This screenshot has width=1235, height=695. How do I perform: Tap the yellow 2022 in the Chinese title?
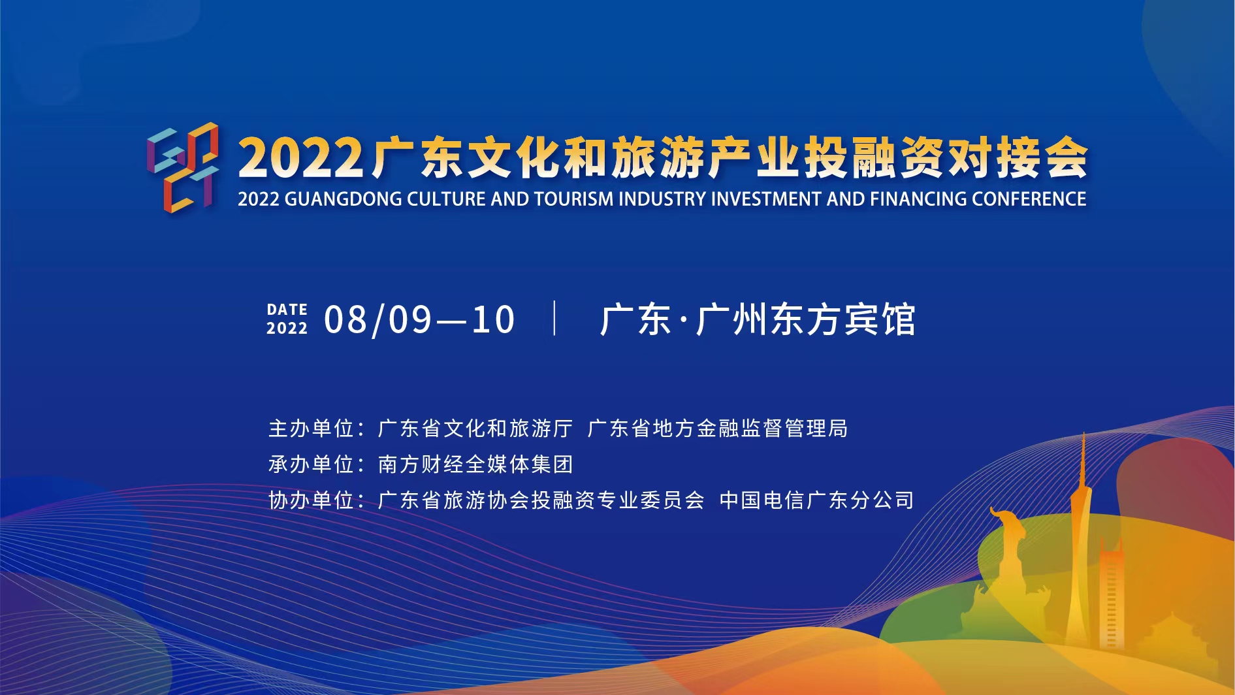300,158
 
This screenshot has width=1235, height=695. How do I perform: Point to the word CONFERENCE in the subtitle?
1029,199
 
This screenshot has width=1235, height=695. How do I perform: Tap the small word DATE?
287,310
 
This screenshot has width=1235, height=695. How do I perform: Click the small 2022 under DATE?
287,328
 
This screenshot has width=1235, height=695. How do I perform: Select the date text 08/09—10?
419,320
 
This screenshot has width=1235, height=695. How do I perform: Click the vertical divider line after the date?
554,318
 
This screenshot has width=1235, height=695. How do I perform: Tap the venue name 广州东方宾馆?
805,320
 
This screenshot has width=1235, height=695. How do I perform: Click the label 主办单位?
312,428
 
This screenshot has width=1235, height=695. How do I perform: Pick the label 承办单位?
312,464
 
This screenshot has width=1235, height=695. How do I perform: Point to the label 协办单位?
312,500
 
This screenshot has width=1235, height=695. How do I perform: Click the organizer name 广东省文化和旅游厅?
475,428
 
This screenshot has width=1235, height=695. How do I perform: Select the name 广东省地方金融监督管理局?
718,428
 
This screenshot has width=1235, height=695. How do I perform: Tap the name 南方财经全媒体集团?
475,464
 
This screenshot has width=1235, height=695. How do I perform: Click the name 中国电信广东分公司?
816,500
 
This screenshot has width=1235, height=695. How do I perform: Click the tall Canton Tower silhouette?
1079,542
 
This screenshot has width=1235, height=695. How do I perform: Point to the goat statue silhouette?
1009,555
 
